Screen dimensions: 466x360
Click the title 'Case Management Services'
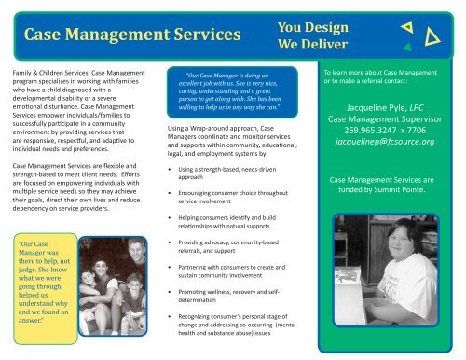pyautogui.click(x=133, y=36)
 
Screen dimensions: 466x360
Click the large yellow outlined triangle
pyautogui.click(x=431, y=38)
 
